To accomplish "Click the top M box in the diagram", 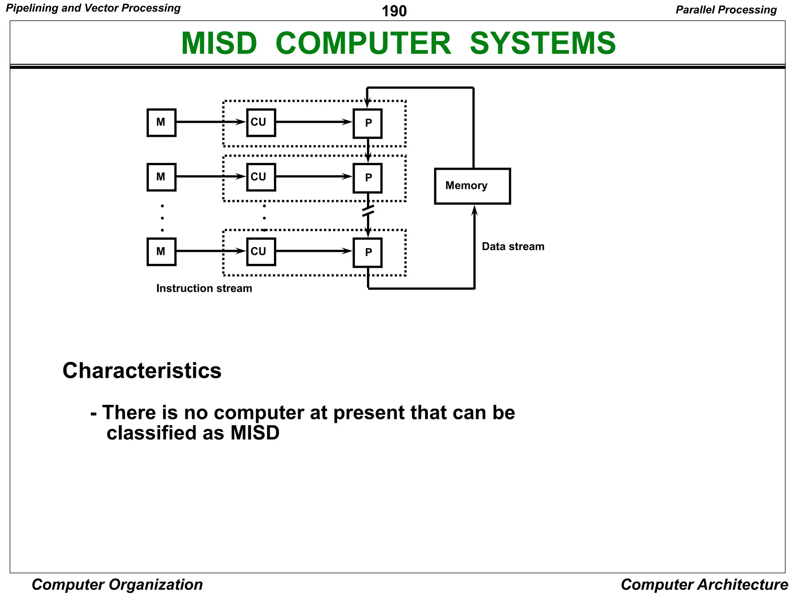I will (161, 123).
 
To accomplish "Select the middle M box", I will (161, 177).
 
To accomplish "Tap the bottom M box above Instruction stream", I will (161, 252).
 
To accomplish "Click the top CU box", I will (261, 123).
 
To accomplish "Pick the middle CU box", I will (261, 177).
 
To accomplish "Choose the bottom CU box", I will (261, 252).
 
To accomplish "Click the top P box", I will (367, 124).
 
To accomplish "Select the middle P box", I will (367, 178).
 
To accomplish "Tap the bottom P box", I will (367, 253).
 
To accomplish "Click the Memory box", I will (472, 186).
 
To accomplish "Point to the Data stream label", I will (513, 246).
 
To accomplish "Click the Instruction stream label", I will (204, 288).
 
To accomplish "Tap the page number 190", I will (394, 11).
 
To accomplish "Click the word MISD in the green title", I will (219, 43).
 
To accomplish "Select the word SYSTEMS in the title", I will (543, 43).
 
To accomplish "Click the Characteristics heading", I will (142, 370).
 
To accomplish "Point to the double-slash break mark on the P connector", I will (368, 211).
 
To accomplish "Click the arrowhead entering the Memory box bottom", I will (474, 210).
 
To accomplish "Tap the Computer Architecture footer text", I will (704, 585).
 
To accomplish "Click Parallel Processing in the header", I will (726, 10).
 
